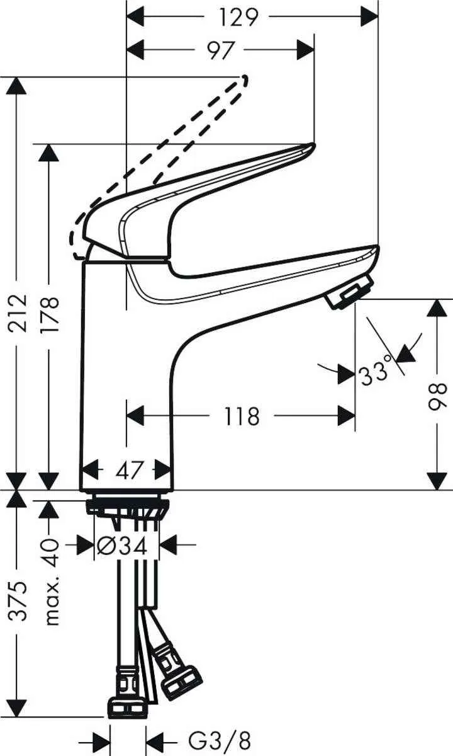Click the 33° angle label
pyautogui.click(x=376, y=374)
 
